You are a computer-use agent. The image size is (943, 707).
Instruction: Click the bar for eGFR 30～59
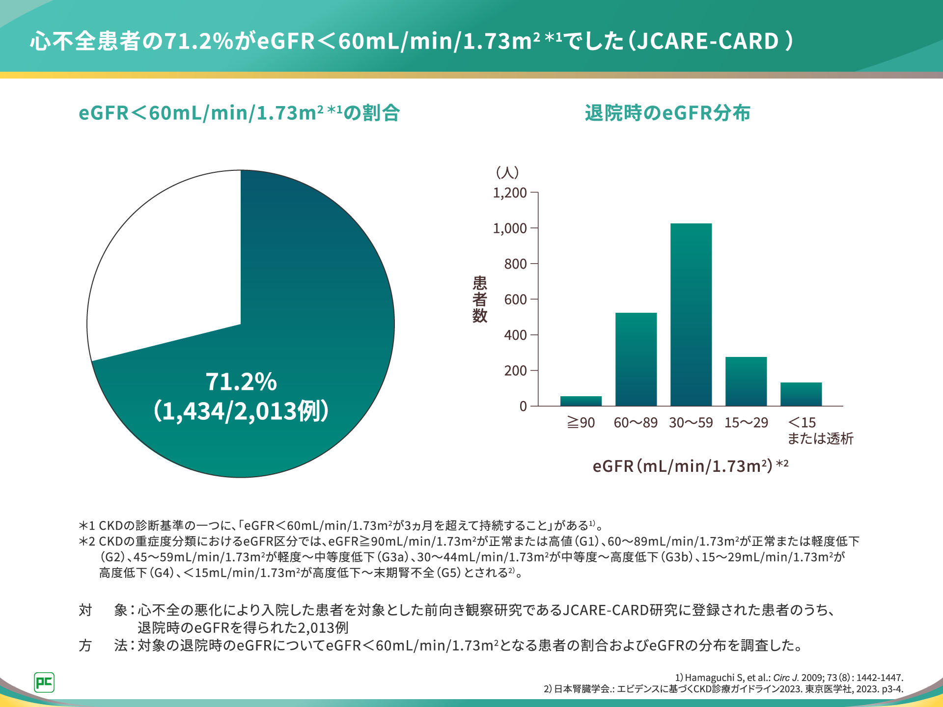click(691, 315)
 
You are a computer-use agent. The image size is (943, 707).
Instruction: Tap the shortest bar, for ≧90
click(581, 401)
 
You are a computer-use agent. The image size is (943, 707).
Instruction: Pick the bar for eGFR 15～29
click(746, 381)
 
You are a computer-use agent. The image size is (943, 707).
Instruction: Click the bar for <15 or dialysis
click(801, 394)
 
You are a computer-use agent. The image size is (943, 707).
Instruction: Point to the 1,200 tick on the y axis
click(510, 193)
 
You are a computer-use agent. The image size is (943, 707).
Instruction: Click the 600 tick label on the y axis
click(515, 299)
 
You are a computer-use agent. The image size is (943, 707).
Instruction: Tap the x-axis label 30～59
click(691, 423)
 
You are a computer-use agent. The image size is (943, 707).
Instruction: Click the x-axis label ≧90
click(581, 423)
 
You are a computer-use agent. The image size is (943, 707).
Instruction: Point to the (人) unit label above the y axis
click(507, 172)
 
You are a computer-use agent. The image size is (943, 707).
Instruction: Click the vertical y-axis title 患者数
click(479, 299)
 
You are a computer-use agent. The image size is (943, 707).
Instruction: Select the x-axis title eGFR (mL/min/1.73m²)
click(690, 465)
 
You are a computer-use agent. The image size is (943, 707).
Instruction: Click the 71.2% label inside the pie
click(241, 381)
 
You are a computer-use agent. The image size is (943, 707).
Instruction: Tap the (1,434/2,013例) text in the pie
click(241, 411)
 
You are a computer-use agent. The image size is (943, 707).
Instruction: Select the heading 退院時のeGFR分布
click(667, 113)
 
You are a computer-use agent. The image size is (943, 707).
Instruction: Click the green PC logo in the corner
click(44, 682)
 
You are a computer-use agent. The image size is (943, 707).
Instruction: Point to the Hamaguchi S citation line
click(789, 678)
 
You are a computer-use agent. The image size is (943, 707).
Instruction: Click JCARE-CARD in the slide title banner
click(708, 41)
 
